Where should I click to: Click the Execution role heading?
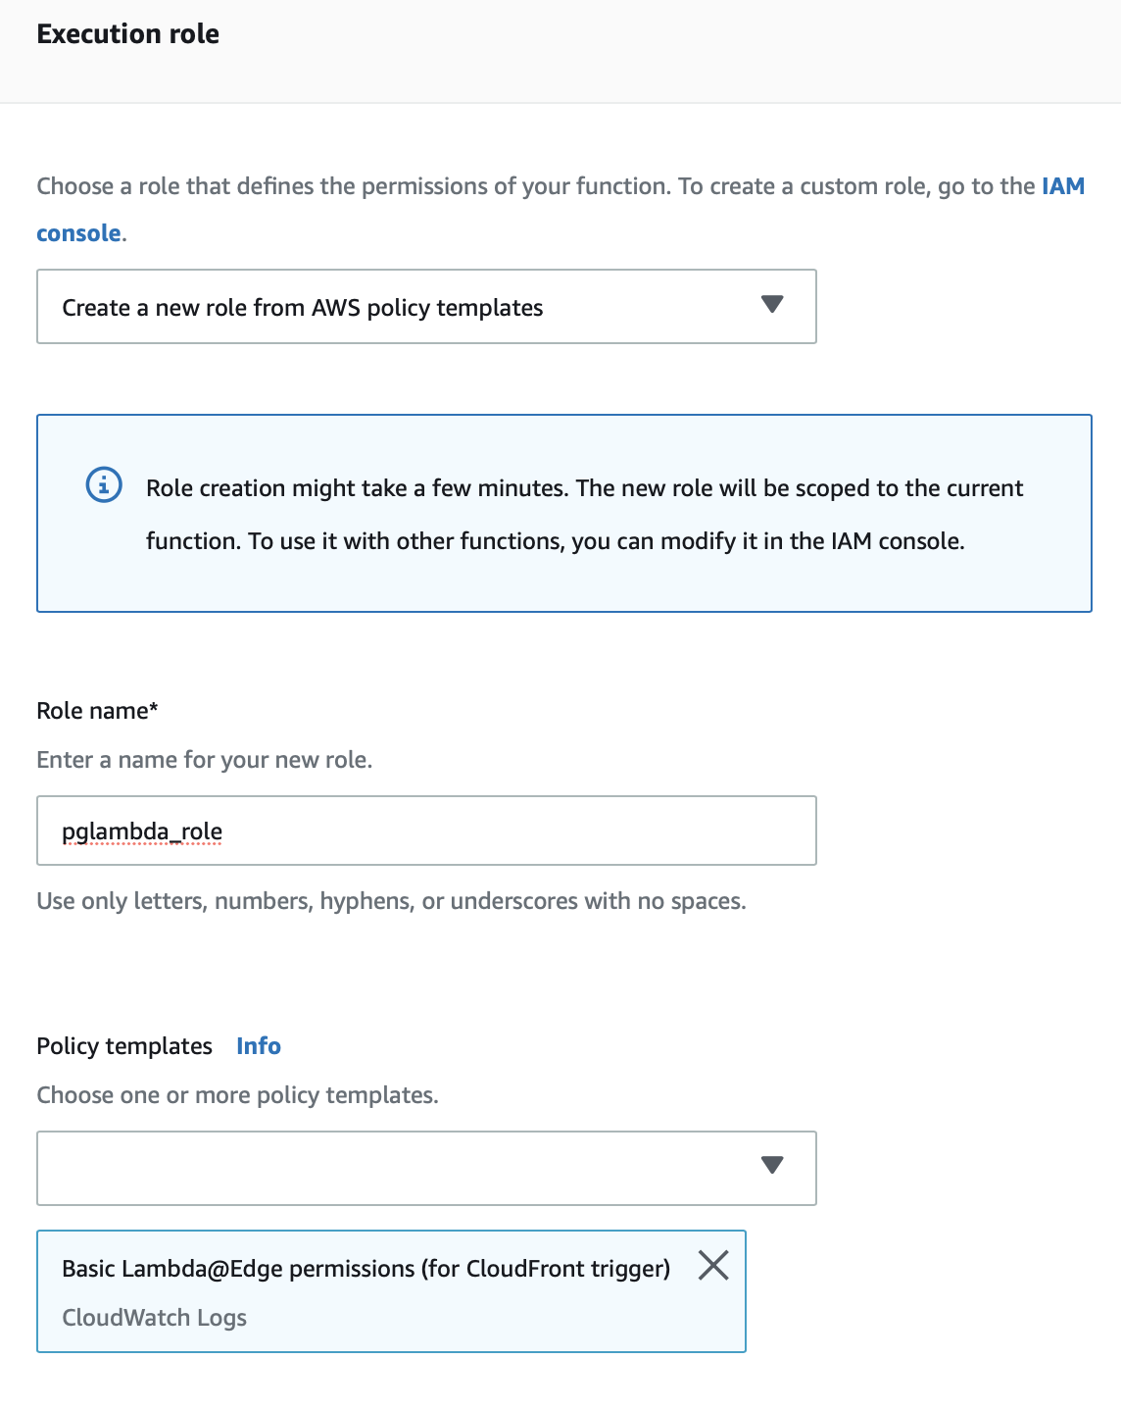(x=127, y=34)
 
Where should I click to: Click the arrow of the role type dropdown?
(x=772, y=305)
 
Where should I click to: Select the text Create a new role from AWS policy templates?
(x=302, y=308)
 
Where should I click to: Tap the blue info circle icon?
(x=104, y=484)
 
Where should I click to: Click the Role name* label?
(x=97, y=711)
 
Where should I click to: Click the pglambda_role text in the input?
(x=142, y=831)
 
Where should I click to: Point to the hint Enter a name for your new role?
(x=204, y=760)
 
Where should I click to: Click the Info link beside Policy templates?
(x=259, y=1046)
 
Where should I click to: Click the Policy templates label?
(x=124, y=1046)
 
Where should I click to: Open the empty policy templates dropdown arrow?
(x=772, y=1165)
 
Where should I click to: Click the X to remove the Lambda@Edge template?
(x=713, y=1266)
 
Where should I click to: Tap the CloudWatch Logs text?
(x=154, y=1318)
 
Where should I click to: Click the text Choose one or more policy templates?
(x=237, y=1095)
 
